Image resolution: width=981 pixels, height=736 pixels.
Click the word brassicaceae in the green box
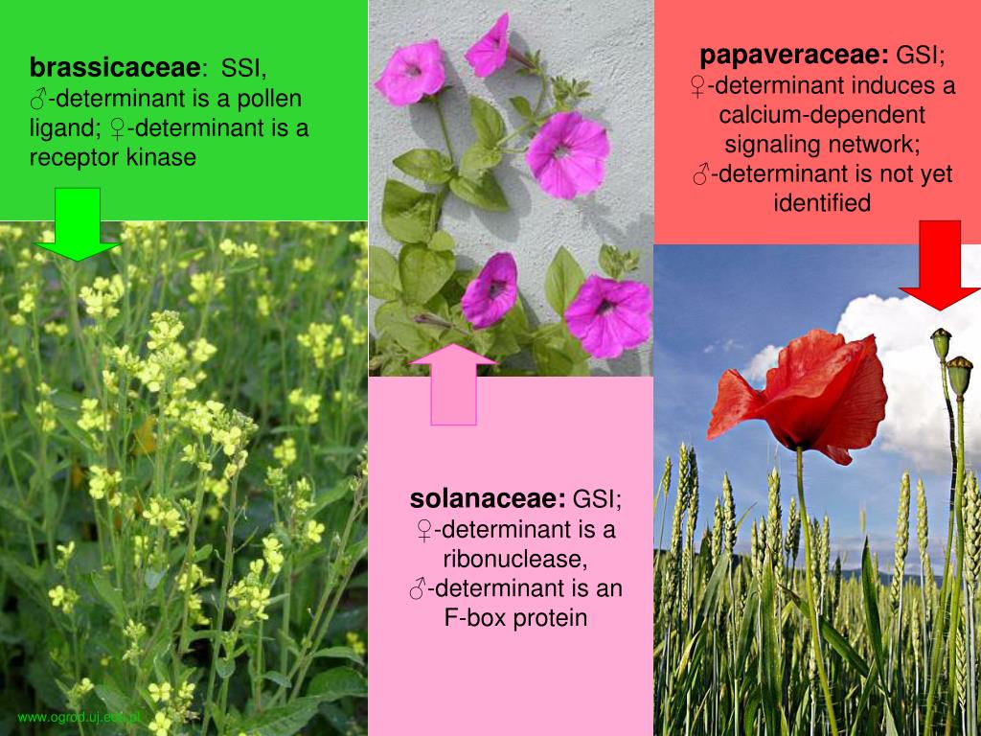116,69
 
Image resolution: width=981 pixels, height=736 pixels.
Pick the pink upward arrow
453,383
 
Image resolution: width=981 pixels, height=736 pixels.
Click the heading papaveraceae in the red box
794,55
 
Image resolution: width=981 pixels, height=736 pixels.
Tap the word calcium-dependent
822,115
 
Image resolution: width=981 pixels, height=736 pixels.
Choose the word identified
822,203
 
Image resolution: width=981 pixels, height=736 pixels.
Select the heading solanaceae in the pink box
488,499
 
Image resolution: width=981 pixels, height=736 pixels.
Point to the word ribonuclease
515,559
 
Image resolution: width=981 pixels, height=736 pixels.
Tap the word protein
550,618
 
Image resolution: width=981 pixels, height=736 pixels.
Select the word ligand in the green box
60,127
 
